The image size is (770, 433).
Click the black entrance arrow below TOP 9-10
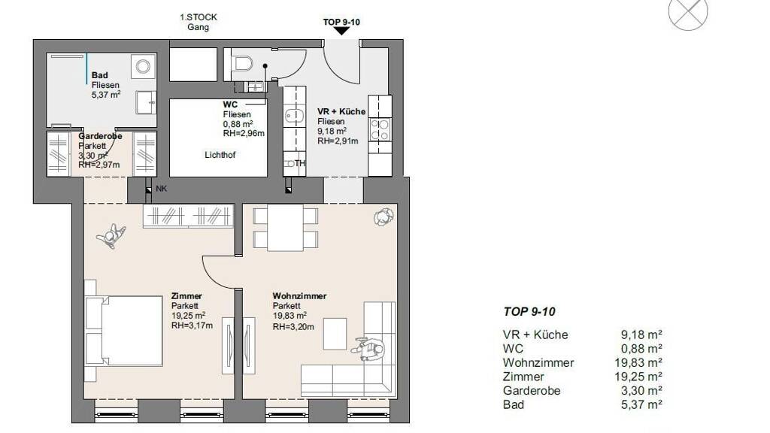point(341,31)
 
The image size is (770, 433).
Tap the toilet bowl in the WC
point(243,63)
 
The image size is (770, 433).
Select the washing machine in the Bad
point(143,66)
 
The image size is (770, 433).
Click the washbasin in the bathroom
point(147,102)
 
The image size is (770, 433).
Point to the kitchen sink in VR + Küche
point(295,115)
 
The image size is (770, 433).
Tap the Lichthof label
point(220,155)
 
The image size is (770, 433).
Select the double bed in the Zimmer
point(124,331)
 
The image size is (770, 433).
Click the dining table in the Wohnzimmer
point(285,227)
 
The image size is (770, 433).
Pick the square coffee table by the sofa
point(335,334)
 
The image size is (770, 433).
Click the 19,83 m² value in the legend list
point(641,363)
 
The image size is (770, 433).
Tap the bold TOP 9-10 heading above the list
point(529,312)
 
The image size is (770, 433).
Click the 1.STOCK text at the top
point(199,17)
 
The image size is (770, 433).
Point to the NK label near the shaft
point(161,189)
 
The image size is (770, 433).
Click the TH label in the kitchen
point(299,163)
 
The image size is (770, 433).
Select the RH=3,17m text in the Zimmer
point(192,326)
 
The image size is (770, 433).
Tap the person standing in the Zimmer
point(111,236)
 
